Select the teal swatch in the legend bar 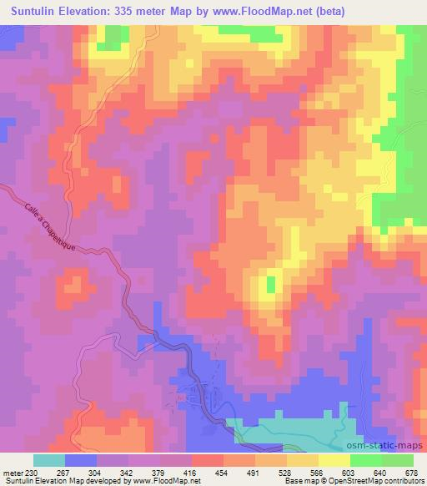coord(49,460)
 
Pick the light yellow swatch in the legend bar coord(334,460)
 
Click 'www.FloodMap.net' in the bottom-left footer coord(163,481)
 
